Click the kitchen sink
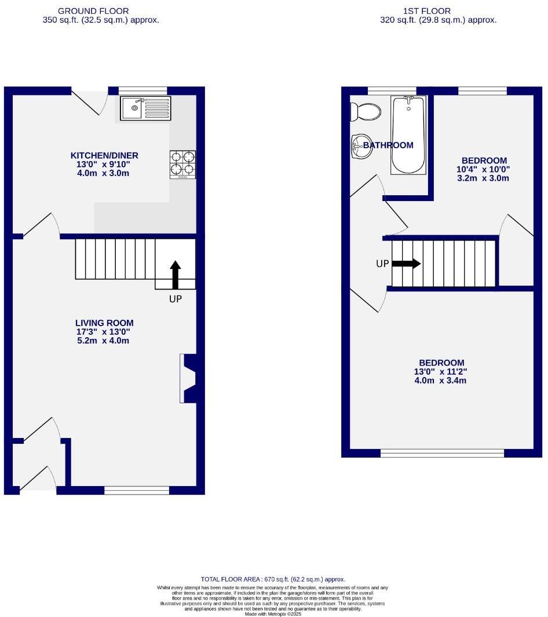click(x=146, y=108)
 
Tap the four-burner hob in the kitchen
click(x=182, y=164)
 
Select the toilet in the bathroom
click(x=365, y=111)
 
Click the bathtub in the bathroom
click(x=408, y=135)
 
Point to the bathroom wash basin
click(x=361, y=147)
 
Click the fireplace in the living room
click(x=189, y=378)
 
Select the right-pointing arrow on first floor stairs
click(x=407, y=264)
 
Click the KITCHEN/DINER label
click(x=104, y=155)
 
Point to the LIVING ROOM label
click(x=104, y=323)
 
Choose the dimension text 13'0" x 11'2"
click(x=440, y=372)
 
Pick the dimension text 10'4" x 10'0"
click(x=484, y=170)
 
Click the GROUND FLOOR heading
click(x=101, y=11)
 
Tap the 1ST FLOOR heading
click(x=434, y=11)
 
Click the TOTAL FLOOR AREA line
click(x=273, y=579)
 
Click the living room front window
click(x=137, y=491)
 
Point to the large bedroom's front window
click(x=442, y=453)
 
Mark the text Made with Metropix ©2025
click(x=273, y=614)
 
